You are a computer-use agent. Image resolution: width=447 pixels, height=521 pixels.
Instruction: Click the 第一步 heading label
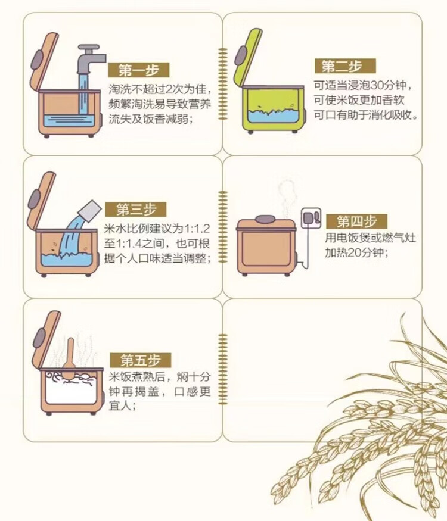pyautogui.click(x=139, y=70)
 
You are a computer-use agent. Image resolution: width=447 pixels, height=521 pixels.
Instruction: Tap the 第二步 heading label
pyautogui.click(x=345, y=66)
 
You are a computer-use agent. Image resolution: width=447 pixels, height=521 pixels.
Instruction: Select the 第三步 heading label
pyautogui.click(x=136, y=210)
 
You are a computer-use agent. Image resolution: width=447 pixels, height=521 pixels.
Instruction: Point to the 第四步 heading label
pyautogui.click(x=356, y=221)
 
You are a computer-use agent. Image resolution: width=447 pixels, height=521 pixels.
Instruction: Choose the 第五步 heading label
pyautogui.click(x=140, y=360)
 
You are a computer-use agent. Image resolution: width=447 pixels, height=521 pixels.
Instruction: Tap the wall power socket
pyautogui.click(x=311, y=218)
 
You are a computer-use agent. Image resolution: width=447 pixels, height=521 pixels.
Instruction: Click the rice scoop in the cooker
pyautogui.click(x=69, y=358)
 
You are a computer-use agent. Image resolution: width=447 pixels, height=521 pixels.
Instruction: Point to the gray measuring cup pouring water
pyautogui.click(x=89, y=211)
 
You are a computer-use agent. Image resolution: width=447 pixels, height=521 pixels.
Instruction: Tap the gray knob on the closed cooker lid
pyautogui.click(x=265, y=219)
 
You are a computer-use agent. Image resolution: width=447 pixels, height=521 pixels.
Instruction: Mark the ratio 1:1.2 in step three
pyautogui.click(x=197, y=229)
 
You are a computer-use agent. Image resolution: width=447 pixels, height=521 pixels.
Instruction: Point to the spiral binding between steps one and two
pyautogui.click(x=222, y=85)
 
